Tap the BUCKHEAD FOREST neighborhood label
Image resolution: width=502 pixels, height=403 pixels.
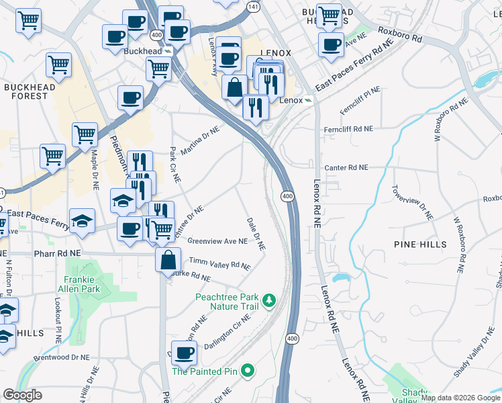point(26,91)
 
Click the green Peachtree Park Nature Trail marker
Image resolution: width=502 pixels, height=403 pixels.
point(269,298)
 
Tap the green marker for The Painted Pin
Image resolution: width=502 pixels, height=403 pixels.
point(248,370)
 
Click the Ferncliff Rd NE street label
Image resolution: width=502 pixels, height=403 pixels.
point(347,128)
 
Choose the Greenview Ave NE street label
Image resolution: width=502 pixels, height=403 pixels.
point(217,240)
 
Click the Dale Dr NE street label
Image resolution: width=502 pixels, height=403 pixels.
point(256,234)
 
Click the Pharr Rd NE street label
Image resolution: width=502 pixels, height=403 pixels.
point(58,254)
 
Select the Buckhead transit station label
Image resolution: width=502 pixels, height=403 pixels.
point(143,50)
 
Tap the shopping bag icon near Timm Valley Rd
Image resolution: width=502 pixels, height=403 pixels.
point(168,259)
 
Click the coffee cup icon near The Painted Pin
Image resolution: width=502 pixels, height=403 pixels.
point(185,351)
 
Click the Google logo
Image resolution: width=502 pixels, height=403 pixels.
point(22,395)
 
